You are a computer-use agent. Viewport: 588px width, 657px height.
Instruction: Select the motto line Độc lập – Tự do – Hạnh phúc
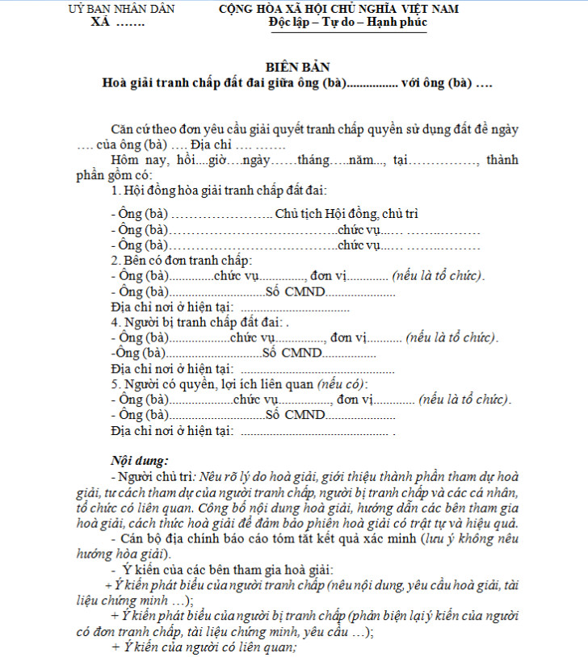(348, 22)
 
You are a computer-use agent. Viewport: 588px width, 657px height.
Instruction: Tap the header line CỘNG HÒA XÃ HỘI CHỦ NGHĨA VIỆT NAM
(338, 9)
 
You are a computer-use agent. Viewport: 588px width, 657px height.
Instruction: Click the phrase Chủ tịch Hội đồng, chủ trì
(346, 214)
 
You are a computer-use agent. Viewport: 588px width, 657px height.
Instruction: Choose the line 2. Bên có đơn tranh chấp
(182, 261)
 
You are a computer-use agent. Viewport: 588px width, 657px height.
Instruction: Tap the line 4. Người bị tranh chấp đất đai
(194, 321)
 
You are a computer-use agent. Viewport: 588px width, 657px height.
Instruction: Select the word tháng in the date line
(313, 160)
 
